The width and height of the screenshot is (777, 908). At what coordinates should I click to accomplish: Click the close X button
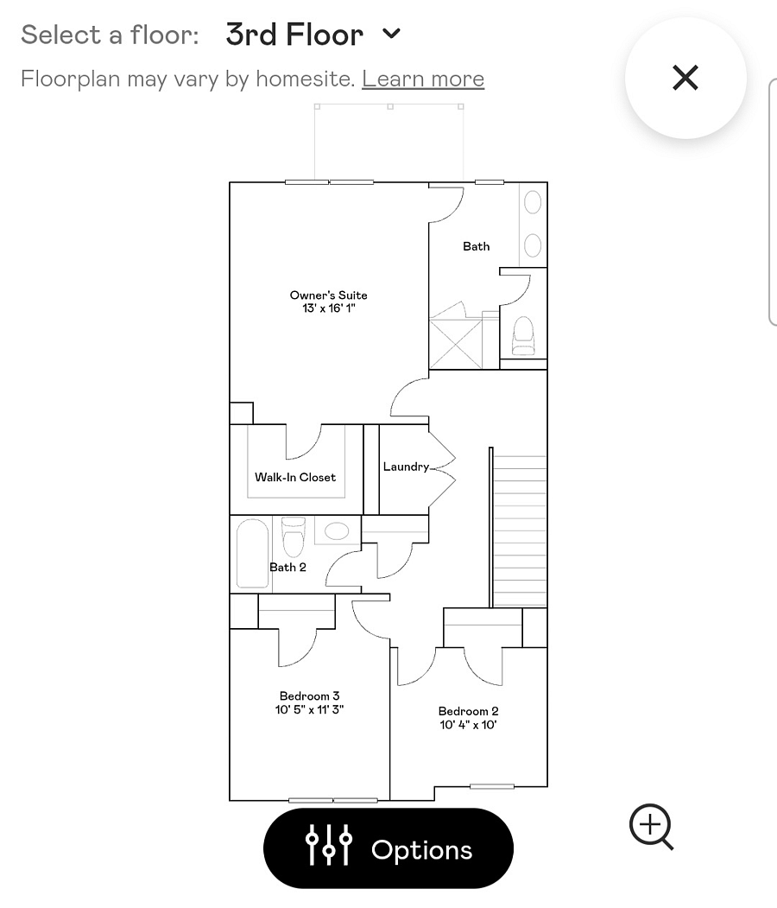[685, 78]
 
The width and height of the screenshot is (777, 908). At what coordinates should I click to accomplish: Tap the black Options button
[388, 848]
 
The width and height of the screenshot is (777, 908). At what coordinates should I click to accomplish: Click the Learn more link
[423, 79]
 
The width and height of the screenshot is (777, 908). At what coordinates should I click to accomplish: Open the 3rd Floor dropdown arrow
[392, 34]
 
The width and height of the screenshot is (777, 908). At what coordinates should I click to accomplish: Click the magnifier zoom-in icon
[652, 826]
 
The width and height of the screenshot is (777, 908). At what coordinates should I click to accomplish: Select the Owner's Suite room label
[329, 295]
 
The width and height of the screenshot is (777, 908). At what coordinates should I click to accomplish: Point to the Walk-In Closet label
[295, 477]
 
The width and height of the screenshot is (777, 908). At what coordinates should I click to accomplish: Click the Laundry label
[406, 467]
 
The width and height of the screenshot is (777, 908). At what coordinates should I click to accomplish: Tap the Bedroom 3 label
[310, 695]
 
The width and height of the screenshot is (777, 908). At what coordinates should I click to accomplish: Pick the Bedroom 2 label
[469, 710]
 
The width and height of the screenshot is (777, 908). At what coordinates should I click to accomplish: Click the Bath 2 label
[287, 567]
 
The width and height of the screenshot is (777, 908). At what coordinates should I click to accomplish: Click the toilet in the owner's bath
[523, 336]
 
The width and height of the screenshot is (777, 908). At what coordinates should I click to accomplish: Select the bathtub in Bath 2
[253, 554]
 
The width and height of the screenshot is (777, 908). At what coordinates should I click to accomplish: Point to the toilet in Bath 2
[294, 537]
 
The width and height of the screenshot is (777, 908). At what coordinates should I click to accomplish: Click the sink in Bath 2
[337, 530]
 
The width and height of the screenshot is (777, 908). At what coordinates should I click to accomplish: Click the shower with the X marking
[456, 344]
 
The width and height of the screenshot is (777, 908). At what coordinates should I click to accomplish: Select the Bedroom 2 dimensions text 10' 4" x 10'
[469, 725]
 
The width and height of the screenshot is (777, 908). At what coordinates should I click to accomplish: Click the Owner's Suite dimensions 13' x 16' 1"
[329, 308]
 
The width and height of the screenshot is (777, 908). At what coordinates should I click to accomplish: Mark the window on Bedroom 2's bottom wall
[492, 786]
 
